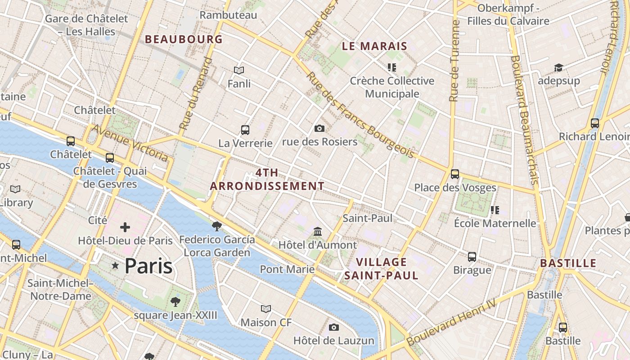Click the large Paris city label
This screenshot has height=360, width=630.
(x=148, y=266)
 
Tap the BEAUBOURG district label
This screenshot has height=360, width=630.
(x=184, y=39)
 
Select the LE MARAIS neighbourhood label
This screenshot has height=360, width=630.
(x=374, y=46)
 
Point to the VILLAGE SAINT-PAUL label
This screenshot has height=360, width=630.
(x=382, y=269)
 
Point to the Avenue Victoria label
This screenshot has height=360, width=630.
(x=130, y=143)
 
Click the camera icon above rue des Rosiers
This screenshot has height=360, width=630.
(x=319, y=129)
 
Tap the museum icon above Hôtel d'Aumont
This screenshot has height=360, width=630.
(x=318, y=232)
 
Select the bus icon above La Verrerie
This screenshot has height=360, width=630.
(x=245, y=130)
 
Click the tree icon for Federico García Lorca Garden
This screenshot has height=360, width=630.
(x=217, y=226)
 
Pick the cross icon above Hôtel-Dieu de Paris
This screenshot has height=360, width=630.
(x=125, y=227)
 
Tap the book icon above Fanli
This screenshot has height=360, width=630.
(x=239, y=70)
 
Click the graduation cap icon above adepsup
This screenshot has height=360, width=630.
(x=558, y=67)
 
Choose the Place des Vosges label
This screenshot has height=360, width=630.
(x=455, y=188)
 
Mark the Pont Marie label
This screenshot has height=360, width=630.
(x=287, y=269)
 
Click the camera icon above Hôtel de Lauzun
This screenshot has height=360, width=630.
(x=333, y=327)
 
